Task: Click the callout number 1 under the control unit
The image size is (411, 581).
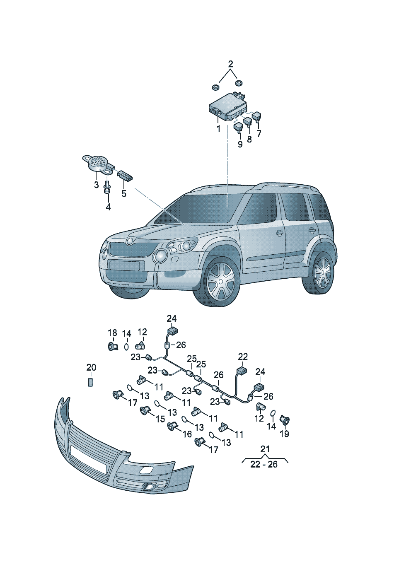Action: pos(218,128)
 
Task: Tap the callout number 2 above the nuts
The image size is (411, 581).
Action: pos(230,64)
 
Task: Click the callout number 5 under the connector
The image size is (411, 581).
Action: pos(124,193)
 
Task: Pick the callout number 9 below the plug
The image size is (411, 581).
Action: pos(240,144)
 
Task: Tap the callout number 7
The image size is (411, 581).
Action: pos(259,134)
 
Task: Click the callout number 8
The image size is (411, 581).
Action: pos(249,139)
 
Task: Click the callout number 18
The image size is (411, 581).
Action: pos(112,333)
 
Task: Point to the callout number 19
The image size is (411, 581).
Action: pos(285,434)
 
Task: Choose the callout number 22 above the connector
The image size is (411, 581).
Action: pos(243,357)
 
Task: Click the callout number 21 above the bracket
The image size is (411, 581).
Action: pos(265,449)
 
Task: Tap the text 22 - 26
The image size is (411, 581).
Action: pos(264,464)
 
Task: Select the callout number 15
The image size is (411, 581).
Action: pos(160,419)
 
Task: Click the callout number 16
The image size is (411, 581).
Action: pos(187,434)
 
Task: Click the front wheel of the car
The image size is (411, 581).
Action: pos(220,282)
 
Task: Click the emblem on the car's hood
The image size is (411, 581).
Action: pos(130,241)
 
